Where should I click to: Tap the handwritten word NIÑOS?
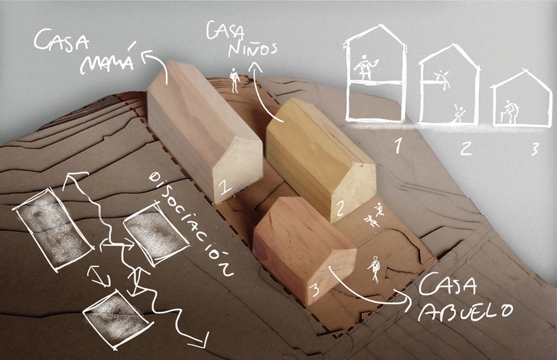tap(252, 50)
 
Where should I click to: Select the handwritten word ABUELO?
tap(466, 311)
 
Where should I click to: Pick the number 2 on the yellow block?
tap(340, 209)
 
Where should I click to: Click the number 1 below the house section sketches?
tap(398, 146)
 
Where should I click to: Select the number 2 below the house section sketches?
tap(466, 146)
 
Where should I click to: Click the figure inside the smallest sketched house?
tap(510, 112)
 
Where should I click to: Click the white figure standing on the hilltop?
tap(234, 80)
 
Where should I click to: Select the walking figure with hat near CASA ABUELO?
tap(374, 269)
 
